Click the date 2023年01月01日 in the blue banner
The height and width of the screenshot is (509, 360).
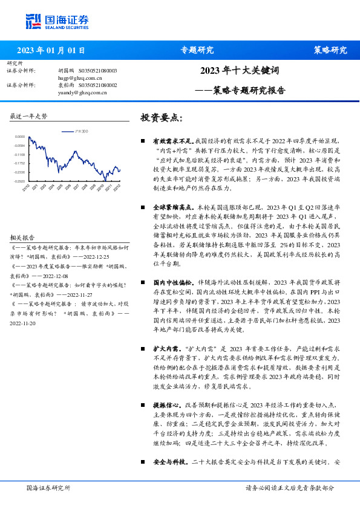[x=51, y=50]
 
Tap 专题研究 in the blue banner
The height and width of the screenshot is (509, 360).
[x=197, y=50]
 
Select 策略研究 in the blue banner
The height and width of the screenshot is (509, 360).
[x=330, y=50]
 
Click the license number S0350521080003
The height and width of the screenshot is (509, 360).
[x=98, y=71]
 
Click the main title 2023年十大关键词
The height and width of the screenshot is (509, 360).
[x=239, y=71]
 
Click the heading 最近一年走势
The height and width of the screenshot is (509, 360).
[x=28, y=115]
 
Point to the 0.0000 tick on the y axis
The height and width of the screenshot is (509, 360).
[x=21, y=137]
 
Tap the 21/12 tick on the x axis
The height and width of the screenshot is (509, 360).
[x=26, y=187]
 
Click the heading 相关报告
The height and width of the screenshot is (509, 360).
[x=22, y=238]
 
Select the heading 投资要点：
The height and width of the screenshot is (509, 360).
[x=162, y=117]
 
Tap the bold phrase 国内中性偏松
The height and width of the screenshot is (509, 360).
[x=172, y=282]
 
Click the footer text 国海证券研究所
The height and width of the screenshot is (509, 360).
[x=48, y=488]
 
